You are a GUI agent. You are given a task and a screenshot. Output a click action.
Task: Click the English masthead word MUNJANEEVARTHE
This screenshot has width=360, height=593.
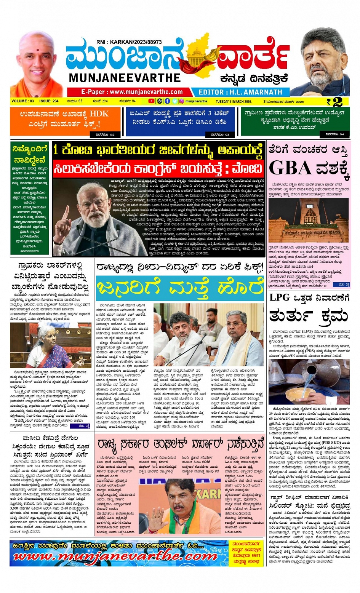(x=125, y=78)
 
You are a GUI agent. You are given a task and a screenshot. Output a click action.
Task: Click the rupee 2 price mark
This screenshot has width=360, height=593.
(x=334, y=102)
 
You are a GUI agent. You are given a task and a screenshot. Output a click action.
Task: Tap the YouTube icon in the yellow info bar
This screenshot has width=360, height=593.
(x=152, y=101)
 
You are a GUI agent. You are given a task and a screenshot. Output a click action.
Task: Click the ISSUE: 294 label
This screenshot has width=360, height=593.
(x=49, y=101)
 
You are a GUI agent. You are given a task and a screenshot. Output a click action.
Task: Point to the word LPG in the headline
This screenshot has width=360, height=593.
(x=280, y=297)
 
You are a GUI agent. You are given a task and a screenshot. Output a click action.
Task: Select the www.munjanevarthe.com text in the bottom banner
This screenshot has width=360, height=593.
(x=114, y=557)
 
